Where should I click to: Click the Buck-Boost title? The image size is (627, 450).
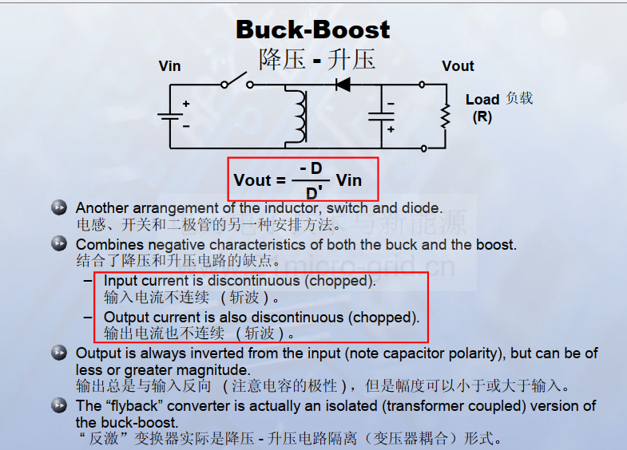pyautogui.click(x=312, y=30)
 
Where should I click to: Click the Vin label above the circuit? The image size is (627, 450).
pyautogui.click(x=169, y=66)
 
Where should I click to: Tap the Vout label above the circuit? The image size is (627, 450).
pyautogui.click(x=458, y=66)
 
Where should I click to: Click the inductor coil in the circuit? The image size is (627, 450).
pyautogui.click(x=300, y=116)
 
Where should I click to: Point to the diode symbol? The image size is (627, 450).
pyautogui.click(x=343, y=85)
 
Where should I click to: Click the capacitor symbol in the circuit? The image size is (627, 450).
pyautogui.click(x=381, y=116)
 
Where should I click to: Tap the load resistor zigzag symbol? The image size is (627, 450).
pyautogui.click(x=446, y=116)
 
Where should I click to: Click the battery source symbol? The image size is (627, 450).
pyautogui.click(x=170, y=116)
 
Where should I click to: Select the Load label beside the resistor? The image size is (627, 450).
pyautogui.click(x=482, y=100)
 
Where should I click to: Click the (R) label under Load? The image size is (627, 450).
pyautogui.click(x=482, y=117)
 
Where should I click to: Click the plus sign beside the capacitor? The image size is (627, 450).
pyautogui.click(x=391, y=129)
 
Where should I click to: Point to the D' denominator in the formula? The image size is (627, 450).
pyautogui.click(x=314, y=193)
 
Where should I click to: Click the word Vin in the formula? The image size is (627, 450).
pyautogui.click(x=349, y=180)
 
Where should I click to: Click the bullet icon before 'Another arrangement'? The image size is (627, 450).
pyautogui.click(x=59, y=207)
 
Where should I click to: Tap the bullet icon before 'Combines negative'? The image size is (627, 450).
pyautogui.click(x=59, y=243)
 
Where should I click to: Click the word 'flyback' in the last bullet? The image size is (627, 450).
pyautogui.click(x=134, y=406)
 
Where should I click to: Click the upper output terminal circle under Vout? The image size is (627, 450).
pyautogui.click(x=422, y=85)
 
